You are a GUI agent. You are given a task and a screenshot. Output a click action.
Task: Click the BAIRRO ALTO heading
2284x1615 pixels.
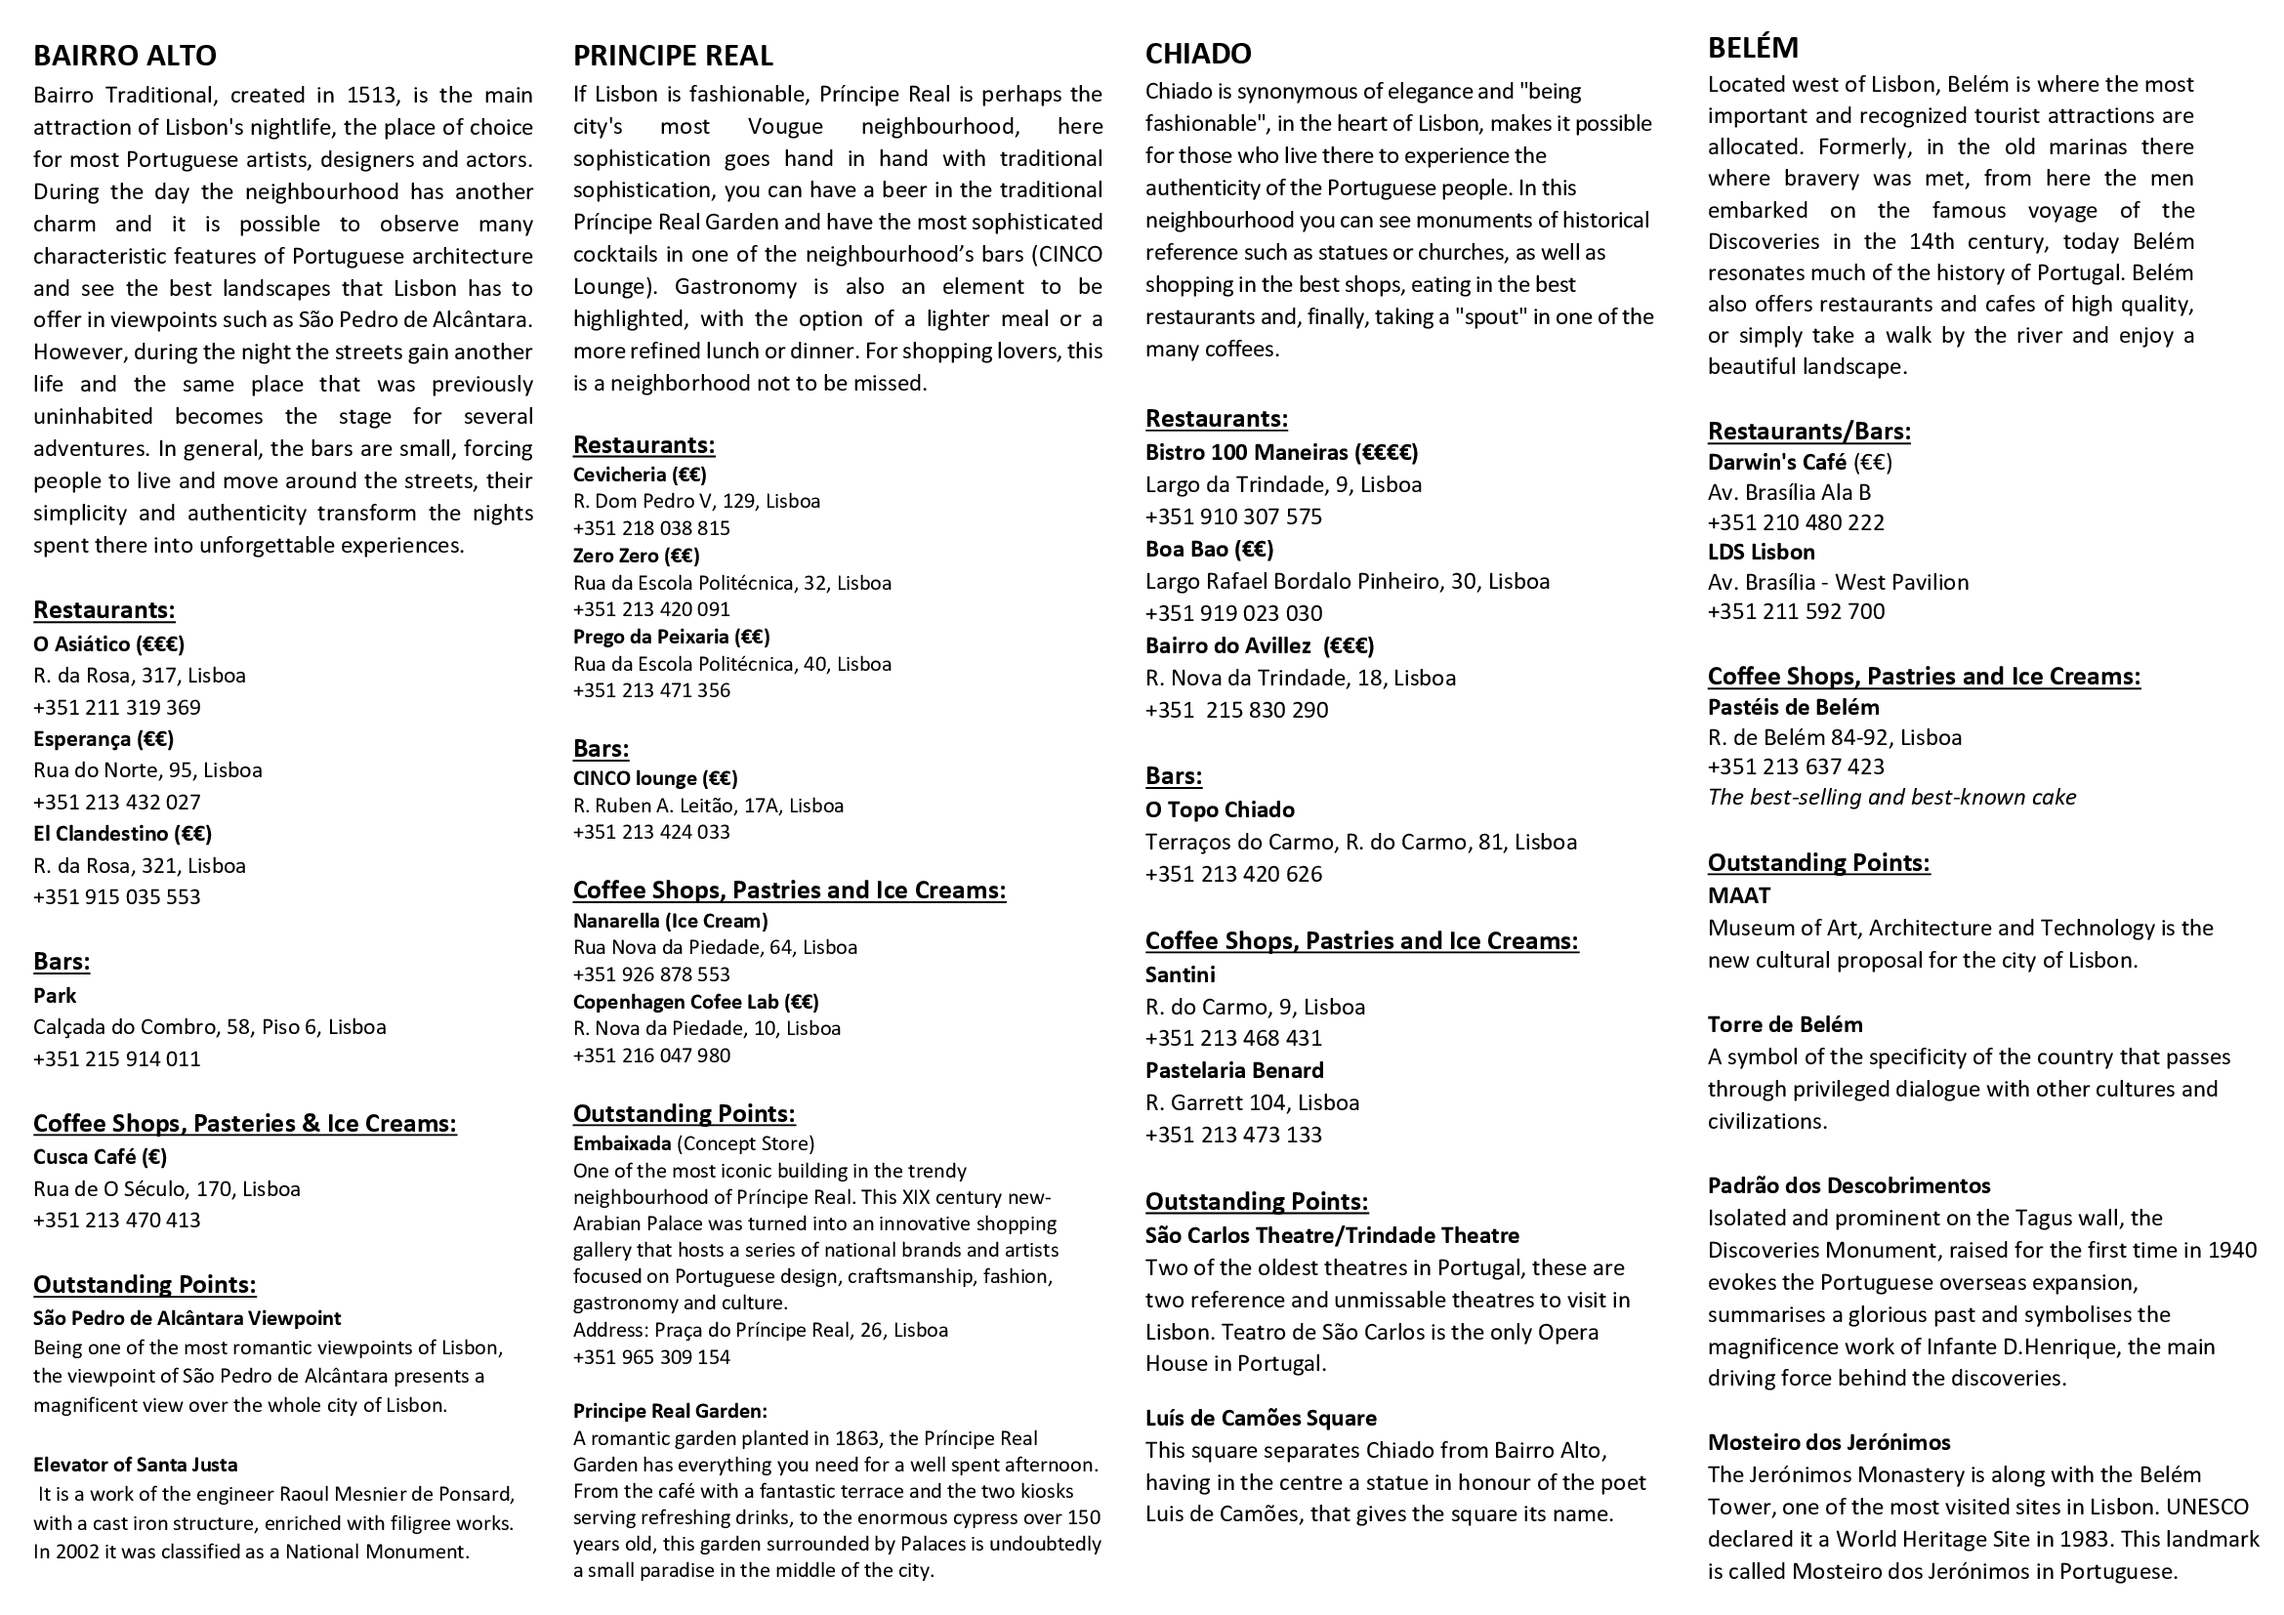tap(124, 56)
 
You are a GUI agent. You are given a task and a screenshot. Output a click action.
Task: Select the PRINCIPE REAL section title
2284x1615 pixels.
tap(673, 56)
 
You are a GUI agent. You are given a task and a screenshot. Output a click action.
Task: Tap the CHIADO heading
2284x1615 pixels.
tap(1198, 54)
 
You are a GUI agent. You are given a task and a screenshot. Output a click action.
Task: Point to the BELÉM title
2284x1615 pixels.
tap(1753, 48)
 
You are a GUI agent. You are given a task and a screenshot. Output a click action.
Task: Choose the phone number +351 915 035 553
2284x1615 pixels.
tap(116, 897)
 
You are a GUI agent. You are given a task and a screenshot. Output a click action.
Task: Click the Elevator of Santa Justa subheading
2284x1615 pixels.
tap(136, 1464)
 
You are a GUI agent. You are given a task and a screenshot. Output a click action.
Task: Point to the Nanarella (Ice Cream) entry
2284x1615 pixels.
tap(671, 921)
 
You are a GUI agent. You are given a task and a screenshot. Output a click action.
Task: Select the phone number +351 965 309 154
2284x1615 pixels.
tap(650, 1357)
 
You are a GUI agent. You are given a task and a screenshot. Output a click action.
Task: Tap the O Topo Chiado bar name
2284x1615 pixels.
tap(1220, 809)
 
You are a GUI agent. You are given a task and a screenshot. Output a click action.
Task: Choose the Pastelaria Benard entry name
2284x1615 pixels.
tap(1233, 1070)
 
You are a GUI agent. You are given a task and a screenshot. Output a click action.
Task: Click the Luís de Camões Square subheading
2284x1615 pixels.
tap(1261, 1418)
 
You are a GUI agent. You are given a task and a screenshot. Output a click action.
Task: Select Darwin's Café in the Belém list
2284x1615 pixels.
tap(1776, 463)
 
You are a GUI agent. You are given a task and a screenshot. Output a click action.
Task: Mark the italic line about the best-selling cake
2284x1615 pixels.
tap(1891, 797)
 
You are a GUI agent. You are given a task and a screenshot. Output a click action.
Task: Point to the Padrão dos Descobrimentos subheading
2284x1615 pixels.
tap(1848, 1185)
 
